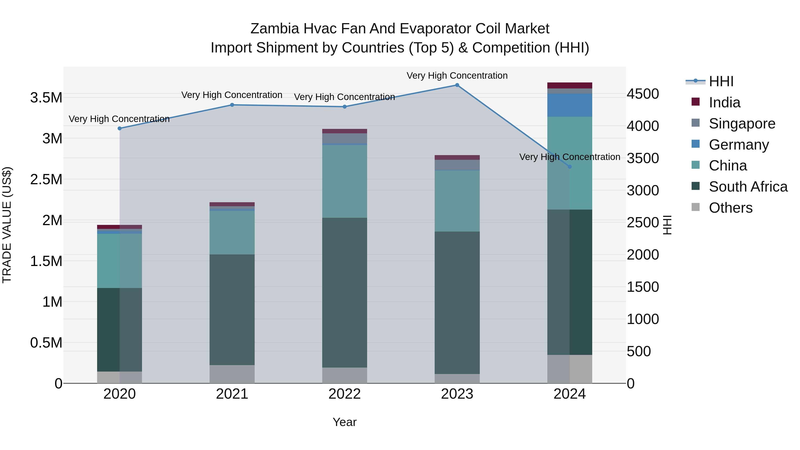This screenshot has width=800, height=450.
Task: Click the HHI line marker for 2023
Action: point(457,85)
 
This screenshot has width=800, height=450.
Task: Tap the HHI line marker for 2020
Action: point(120,128)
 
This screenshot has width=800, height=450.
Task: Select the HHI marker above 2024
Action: point(570,167)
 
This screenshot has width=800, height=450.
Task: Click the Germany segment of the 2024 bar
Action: point(570,105)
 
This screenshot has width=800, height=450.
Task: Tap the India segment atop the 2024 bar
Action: point(570,85)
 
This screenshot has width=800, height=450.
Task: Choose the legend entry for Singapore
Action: point(742,124)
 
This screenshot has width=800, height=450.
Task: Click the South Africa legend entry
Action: point(748,187)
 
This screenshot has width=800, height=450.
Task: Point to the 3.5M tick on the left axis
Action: point(46,98)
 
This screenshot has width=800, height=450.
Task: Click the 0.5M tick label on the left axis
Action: point(46,343)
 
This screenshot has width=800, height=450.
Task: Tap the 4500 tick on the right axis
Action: point(642,94)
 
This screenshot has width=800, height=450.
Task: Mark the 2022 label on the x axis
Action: point(344,394)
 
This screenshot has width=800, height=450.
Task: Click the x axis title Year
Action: point(344,422)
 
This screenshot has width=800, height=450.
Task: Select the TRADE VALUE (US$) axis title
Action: point(7,225)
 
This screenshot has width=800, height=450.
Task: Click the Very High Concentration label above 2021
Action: point(232,95)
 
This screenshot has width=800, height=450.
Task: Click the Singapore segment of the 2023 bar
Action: point(457,165)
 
